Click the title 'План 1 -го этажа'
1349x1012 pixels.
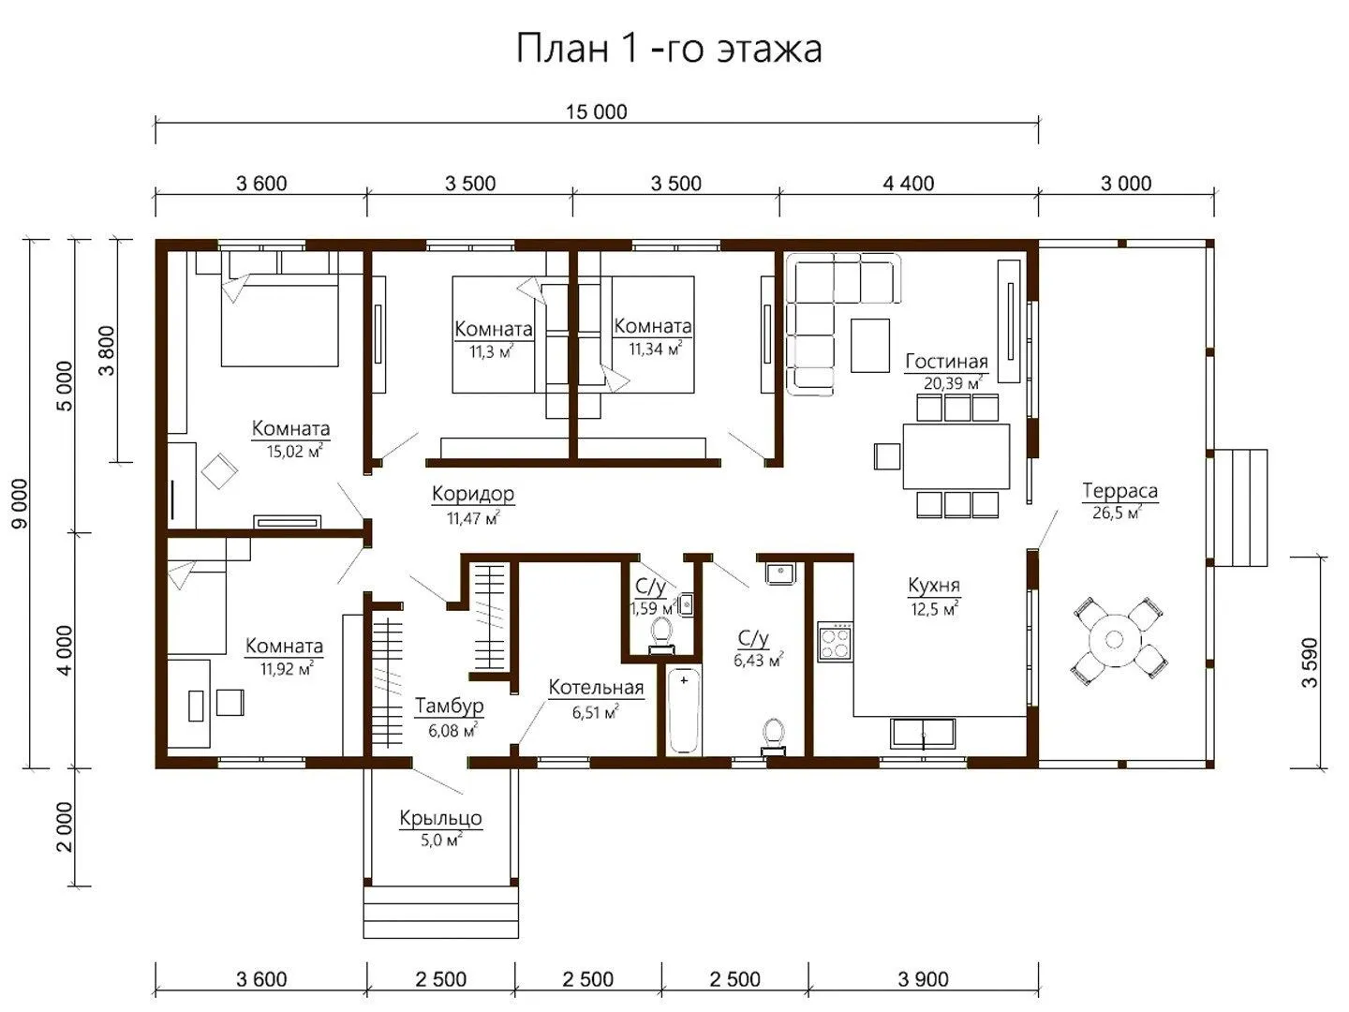669,49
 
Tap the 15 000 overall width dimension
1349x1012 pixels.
596,112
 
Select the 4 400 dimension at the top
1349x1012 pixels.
909,183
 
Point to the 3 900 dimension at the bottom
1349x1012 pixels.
923,979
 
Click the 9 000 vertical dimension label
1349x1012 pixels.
20,503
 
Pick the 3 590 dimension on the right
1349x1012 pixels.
1310,663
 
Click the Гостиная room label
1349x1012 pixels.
946,362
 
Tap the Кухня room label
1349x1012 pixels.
934,586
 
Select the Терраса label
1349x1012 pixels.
1119,491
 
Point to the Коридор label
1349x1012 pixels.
472,494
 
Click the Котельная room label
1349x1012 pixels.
596,688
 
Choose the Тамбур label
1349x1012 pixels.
449,706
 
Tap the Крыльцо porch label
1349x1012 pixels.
440,818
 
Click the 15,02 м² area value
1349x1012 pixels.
295,451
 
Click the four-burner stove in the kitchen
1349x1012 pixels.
836,642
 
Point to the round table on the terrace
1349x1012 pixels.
1114,640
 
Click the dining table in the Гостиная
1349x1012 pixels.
956,456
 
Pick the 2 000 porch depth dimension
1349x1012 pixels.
65,827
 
